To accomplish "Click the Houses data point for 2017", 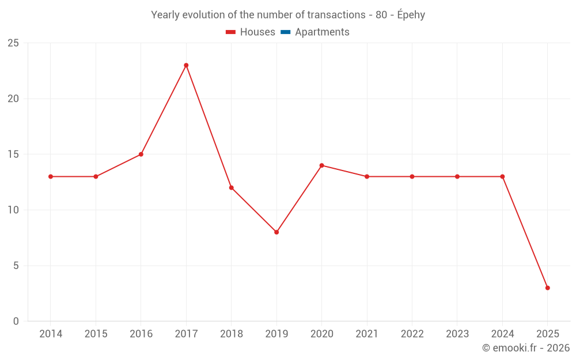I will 186,65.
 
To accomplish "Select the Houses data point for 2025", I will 547,288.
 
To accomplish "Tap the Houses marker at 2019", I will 276,232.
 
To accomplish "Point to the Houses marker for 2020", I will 321,165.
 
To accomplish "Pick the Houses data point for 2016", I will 141,154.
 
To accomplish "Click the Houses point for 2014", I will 51,177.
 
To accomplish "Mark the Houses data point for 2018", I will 232,188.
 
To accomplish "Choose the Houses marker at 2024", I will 502,177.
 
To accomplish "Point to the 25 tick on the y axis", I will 13,43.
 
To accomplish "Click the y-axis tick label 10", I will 13,210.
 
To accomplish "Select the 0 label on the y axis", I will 16,321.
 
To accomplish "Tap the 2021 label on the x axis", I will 367,334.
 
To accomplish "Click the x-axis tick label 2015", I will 96,334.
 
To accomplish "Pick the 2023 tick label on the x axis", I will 457,334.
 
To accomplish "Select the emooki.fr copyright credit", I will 526,348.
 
